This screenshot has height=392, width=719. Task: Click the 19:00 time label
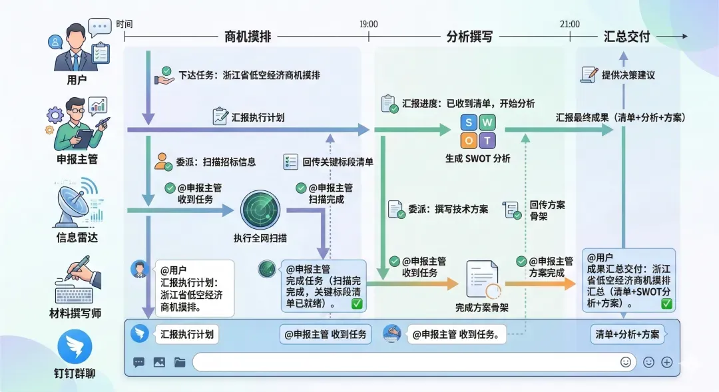368,24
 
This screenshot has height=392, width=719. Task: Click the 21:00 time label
569,24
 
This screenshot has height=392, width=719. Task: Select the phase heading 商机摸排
248,37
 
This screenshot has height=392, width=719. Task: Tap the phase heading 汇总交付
626,37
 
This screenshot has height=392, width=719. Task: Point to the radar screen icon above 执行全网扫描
260,210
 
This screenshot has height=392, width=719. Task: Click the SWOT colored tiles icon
478,131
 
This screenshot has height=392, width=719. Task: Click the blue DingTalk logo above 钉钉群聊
75,349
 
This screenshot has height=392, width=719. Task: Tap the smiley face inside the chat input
625,362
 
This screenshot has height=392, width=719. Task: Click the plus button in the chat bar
667,362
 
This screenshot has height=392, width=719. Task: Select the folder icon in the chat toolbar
180,363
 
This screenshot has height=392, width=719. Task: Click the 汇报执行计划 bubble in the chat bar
187,335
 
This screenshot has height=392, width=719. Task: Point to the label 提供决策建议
628,75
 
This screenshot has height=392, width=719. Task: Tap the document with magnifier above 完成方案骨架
483,278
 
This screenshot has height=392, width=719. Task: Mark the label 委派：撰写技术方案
448,209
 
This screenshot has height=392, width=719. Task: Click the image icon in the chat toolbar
158,363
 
